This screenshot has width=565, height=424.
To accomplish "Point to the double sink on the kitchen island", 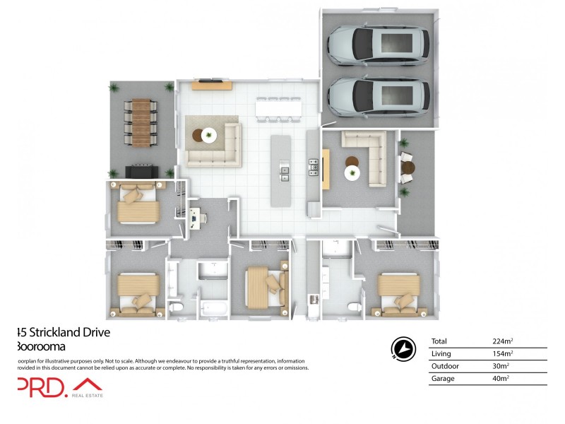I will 284,172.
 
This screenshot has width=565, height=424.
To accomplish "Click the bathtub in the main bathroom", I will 213,308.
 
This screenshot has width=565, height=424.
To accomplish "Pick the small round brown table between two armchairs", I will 408,167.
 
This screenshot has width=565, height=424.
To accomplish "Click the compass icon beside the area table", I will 403,348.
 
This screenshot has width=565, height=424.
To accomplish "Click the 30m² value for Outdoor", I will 500,366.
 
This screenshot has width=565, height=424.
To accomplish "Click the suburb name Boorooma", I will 42,346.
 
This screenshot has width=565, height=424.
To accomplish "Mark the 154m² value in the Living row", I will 502,354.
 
